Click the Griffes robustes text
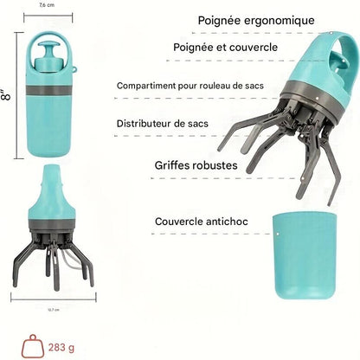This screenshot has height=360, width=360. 195,164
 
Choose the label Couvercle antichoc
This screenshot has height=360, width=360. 201,222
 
